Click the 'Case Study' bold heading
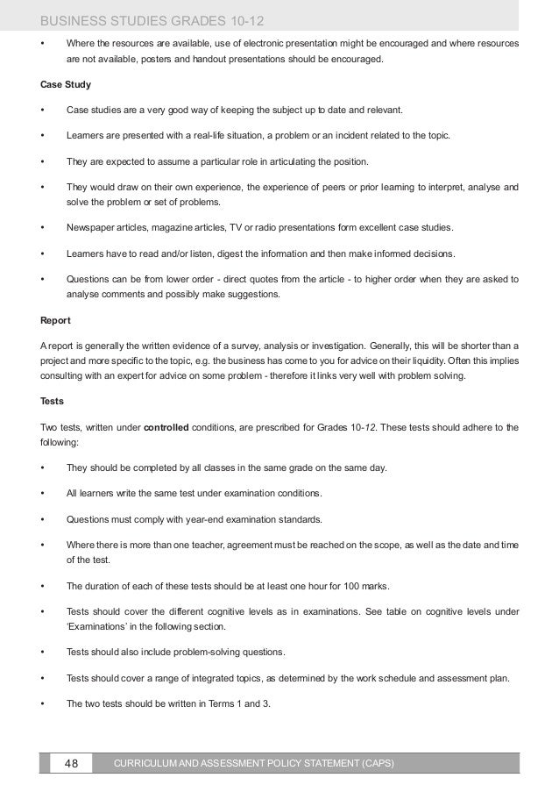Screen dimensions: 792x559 [x=66, y=86]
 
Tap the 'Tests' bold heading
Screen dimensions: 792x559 [x=53, y=400]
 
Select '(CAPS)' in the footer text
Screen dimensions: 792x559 [x=377, y=764]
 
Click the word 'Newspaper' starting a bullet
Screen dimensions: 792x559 [x=91, y=228]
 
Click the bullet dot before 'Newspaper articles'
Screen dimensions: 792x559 [x=43, y=228]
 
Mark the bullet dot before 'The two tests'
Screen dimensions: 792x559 [x=43, y=703]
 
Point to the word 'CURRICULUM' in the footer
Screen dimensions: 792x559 [x=152, y=764]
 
